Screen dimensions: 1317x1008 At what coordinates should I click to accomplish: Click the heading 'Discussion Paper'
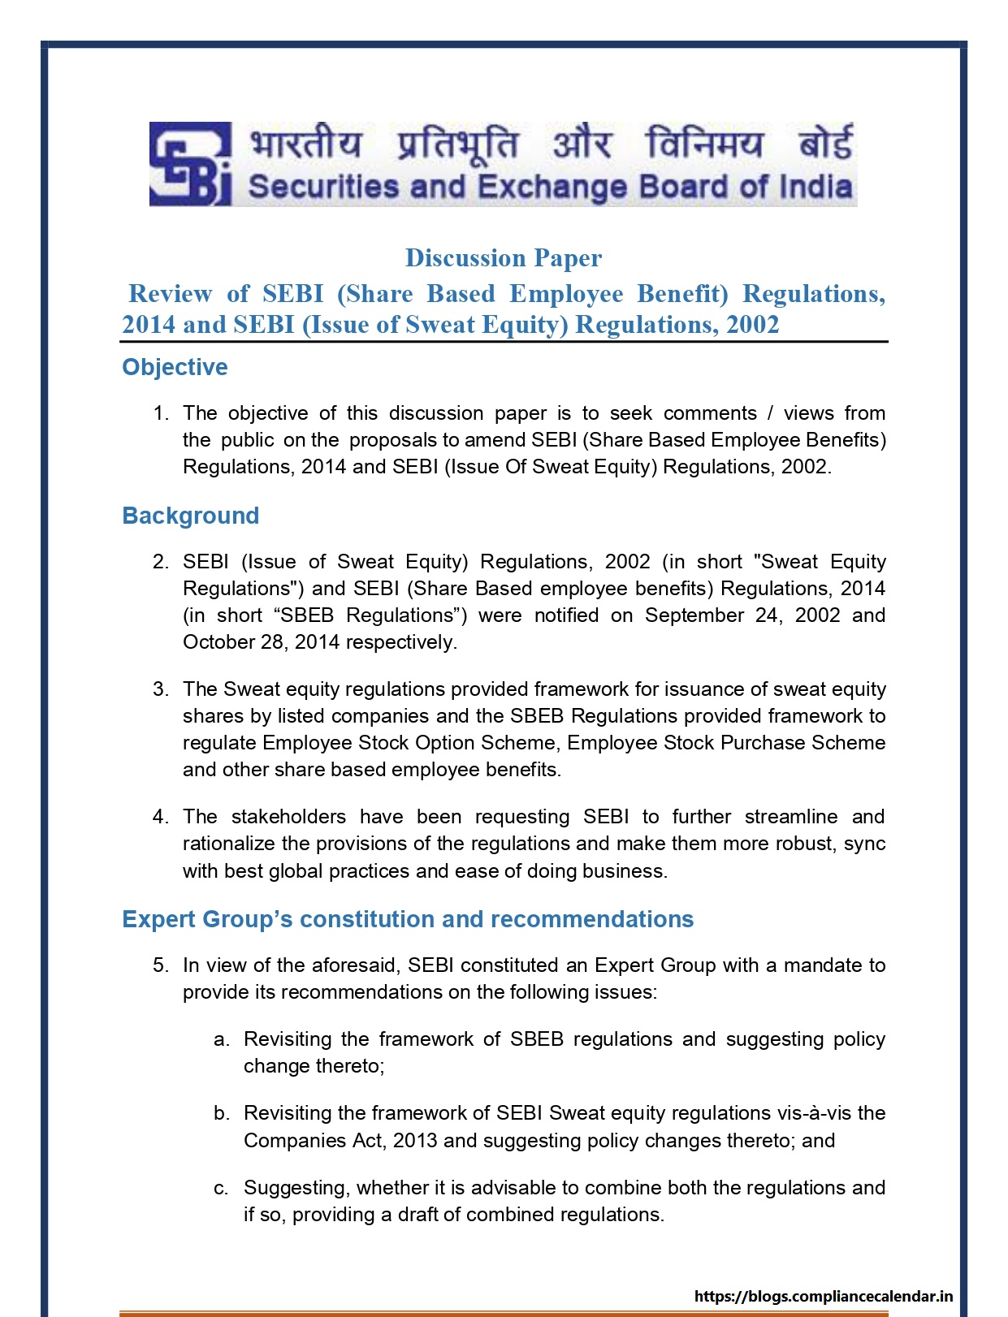504,258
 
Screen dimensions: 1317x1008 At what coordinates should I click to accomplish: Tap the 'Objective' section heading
175,367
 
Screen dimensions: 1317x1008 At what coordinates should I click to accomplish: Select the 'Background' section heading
190,516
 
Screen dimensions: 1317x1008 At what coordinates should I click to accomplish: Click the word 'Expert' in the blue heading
158,919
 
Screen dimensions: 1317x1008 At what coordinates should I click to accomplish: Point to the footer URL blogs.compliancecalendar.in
824,1296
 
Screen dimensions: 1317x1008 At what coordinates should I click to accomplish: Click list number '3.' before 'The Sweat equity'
161,689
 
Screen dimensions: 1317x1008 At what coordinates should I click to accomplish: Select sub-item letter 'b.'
222,1113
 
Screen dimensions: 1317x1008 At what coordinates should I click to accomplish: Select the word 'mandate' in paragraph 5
823,965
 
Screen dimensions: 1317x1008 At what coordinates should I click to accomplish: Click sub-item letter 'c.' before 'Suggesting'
221,1188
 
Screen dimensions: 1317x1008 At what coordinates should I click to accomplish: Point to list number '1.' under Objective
161,413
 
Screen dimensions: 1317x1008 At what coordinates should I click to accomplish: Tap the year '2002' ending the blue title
752,325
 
